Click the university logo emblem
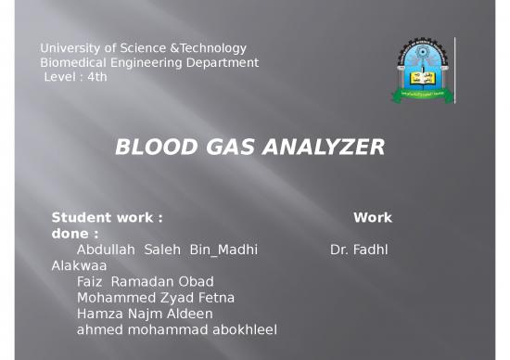423,71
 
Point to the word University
70,47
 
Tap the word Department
223,62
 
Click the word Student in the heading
78,218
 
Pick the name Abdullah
107,250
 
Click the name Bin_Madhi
223,250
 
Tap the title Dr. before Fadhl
340,250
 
